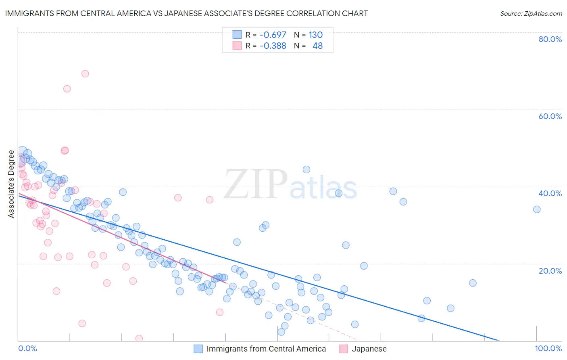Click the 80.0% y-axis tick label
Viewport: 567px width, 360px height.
click(550, 39)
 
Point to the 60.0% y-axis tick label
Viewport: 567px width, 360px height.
click(550, 116)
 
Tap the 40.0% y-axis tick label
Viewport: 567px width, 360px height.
click(550, 193)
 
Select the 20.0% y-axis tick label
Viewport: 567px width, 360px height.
click(550, 270)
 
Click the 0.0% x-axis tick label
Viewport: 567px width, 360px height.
click(27, 348)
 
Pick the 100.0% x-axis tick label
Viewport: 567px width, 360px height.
click(548, 348)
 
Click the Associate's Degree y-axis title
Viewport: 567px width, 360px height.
click(11, 184)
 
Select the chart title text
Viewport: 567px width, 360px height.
click(186, 13)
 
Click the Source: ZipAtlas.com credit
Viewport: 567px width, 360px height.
click(531, 13)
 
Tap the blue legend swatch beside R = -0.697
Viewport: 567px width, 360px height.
click(237, 35)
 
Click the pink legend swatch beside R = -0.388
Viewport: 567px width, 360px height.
click(237, 46)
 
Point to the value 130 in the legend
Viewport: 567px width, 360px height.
click(315, 35)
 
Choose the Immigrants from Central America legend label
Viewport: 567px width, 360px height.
click(266, 349)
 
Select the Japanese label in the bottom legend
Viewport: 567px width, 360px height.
click(369, 349)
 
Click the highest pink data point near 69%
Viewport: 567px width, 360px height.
click(85, 73)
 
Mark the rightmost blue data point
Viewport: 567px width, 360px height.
click(537, 209)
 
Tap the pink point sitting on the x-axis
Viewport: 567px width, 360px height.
click(139, 338)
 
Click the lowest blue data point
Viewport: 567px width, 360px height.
click(281, 332)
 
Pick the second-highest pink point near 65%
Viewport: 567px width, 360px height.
click(67, 89)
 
